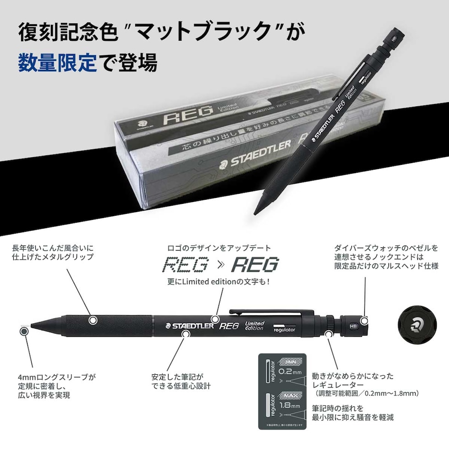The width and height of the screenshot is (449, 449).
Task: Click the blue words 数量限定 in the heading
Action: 58,62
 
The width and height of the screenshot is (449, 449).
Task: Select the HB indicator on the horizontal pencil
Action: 353,324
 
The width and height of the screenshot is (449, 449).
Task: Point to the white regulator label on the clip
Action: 284,329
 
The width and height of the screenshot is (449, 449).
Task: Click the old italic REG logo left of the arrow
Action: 187,265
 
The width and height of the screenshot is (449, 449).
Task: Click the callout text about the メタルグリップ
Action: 52,252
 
